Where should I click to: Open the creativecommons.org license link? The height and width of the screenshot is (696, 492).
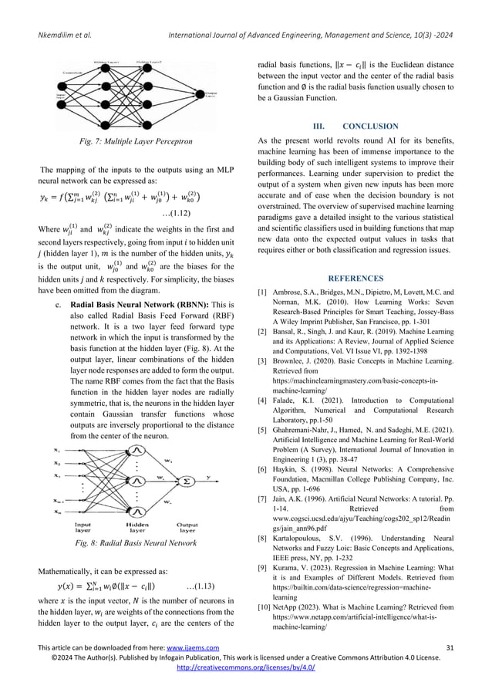pyautogui.click(x=246, y=688)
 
